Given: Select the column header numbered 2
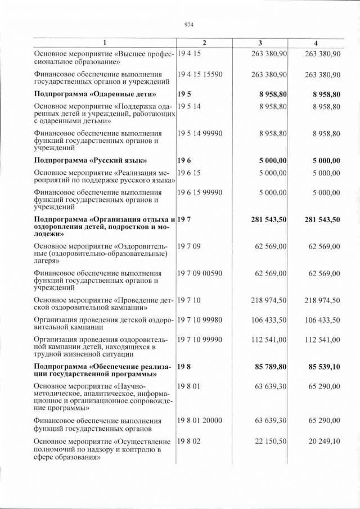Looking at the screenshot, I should pyautogui.click(x=204, y=43).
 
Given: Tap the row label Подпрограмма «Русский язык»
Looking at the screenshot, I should pyautogui.click(x=91, y=160).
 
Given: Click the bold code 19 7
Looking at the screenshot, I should pyautogui.click(x=184, y=219).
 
